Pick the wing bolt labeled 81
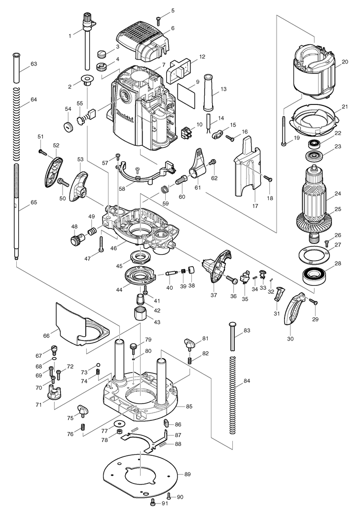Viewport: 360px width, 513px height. [x=190, y=343]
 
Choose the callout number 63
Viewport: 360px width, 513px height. [x=34, y=64]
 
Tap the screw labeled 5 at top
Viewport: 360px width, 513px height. [x=158, y=21]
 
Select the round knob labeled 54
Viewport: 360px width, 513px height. [x=69, y=126]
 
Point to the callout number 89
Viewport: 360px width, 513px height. [x=187, y=474]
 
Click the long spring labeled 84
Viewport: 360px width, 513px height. [x=232, y=395]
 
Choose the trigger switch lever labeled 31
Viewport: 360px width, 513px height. [x=278, y=293]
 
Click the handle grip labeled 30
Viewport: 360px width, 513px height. [x=294, y=308]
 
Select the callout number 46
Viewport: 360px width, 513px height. [x=113, y=248]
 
